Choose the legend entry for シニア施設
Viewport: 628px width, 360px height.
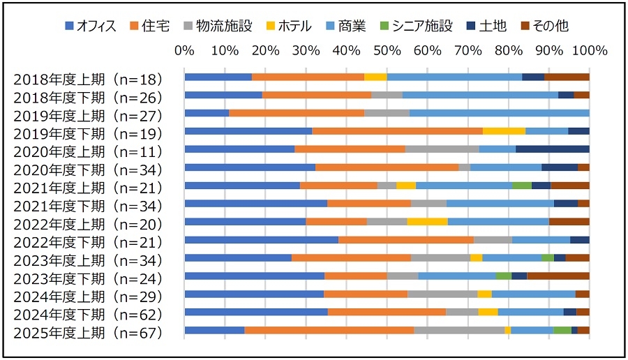point(421,27)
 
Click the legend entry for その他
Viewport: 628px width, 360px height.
point(545,27)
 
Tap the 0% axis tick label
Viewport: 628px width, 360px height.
point(184,51)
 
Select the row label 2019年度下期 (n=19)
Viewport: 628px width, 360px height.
point(88,133)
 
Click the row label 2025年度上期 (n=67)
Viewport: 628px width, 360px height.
point(88,333)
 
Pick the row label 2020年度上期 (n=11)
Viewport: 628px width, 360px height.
point(88,151)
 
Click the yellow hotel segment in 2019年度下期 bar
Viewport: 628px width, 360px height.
point(504,131)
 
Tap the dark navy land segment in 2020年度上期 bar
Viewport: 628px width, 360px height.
point(553,149)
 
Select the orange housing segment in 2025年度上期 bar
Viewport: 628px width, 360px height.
point(329,330)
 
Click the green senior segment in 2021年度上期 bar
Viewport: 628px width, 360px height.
point(521,186)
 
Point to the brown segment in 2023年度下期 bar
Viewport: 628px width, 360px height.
point(558,276)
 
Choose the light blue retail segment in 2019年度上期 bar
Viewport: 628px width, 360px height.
point(500,113)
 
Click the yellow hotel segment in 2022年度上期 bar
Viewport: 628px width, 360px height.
point(427,222)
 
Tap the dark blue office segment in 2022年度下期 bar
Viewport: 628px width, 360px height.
point(261,240)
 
